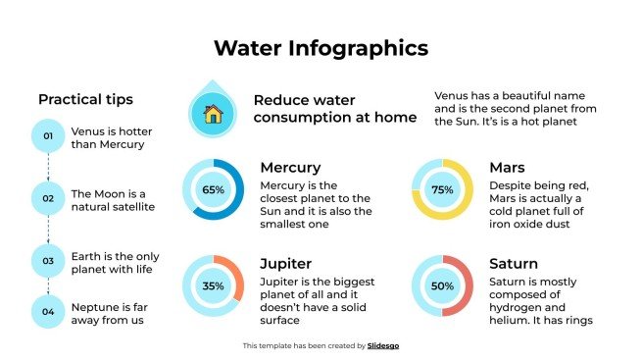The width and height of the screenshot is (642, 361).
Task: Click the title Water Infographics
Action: tap(321, 48)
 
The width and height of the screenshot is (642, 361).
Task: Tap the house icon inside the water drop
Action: tap(212, 113)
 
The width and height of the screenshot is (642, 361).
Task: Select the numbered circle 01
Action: tap(47, 137)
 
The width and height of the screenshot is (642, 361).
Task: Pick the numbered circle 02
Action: tap(47, 199)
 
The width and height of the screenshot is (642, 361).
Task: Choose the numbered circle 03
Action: tap(47, 261)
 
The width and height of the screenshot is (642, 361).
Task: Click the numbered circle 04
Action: tap(47, 313)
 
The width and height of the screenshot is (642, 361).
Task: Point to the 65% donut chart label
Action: tap(213, 189)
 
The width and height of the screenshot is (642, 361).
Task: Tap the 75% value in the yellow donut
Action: tap(442, 189)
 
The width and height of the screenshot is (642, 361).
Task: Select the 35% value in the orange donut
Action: tap(213, 286)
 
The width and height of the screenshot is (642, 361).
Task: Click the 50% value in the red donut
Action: tap(442, 286)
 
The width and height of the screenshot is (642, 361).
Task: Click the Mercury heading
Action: tap(290, 168)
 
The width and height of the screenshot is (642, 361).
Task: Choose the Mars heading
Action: tap(507, 168)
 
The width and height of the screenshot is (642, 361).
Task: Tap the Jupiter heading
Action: tap(286, 264)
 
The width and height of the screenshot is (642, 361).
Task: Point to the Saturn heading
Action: tap(514, 264)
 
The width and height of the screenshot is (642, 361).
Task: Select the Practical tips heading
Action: tap(85, 99)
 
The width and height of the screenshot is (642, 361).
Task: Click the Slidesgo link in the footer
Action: tap(383, 345)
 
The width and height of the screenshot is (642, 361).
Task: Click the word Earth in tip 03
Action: tap(86, 255)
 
